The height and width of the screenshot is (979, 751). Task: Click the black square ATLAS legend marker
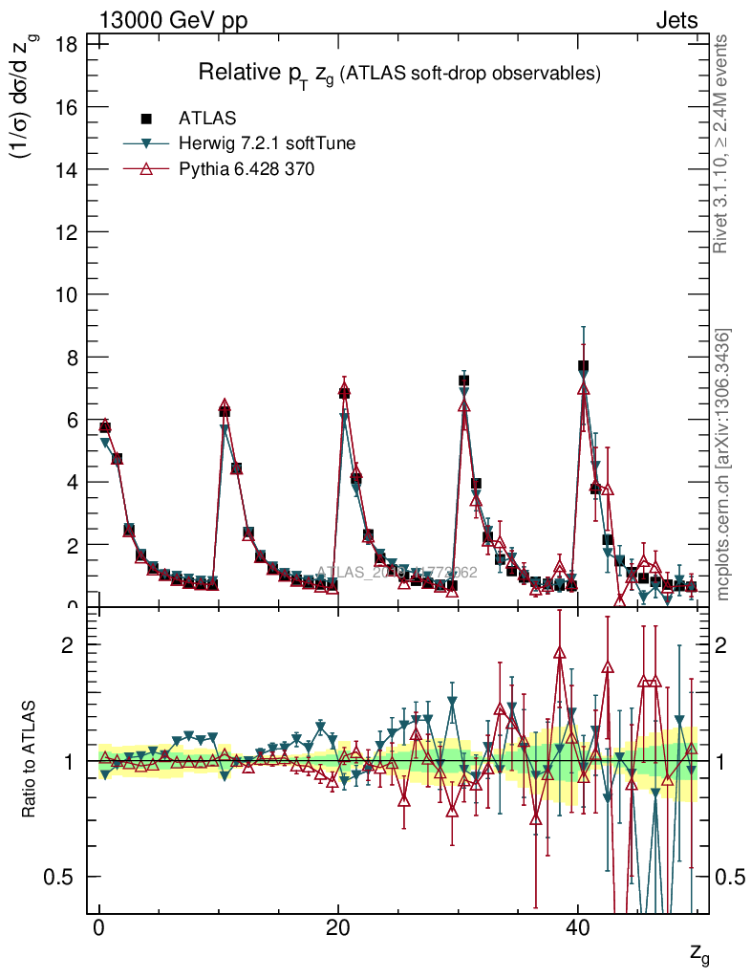click(146, 119)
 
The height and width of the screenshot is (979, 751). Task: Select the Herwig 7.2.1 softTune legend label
click(268, 143)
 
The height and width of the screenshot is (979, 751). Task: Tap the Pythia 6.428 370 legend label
click(247, 168)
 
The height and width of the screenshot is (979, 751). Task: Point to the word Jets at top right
click(676, 20)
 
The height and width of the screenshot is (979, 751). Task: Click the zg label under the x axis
click(699, 952)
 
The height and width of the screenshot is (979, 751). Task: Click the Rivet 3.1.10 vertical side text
click(722, 143)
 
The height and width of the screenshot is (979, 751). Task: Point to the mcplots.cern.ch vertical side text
click(722, 464)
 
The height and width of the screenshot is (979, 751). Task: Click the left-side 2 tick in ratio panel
click(70, 645)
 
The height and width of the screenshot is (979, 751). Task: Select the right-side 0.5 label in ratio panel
click(730, 877)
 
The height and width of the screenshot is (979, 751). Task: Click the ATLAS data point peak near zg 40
click(583, 366)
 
